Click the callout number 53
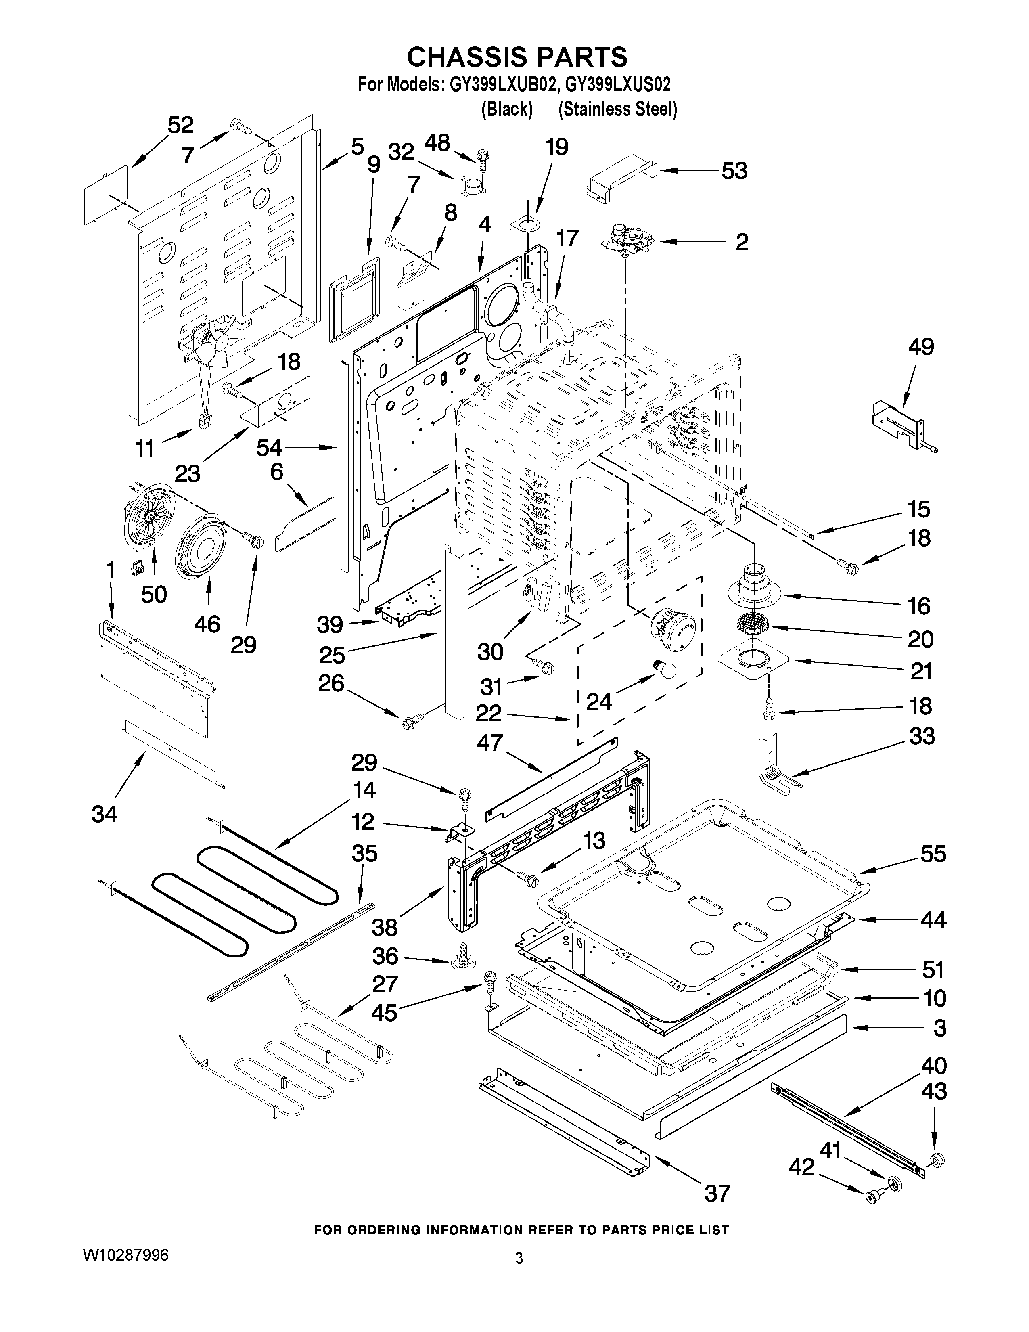[x=734, y=172]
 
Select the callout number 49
[x=920, y=347]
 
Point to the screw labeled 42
[x=871, y=1197]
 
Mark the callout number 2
[x=741, y=242]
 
